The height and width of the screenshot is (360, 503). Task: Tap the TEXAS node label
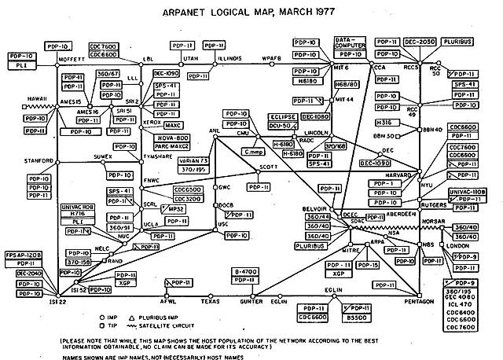point(210,301)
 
